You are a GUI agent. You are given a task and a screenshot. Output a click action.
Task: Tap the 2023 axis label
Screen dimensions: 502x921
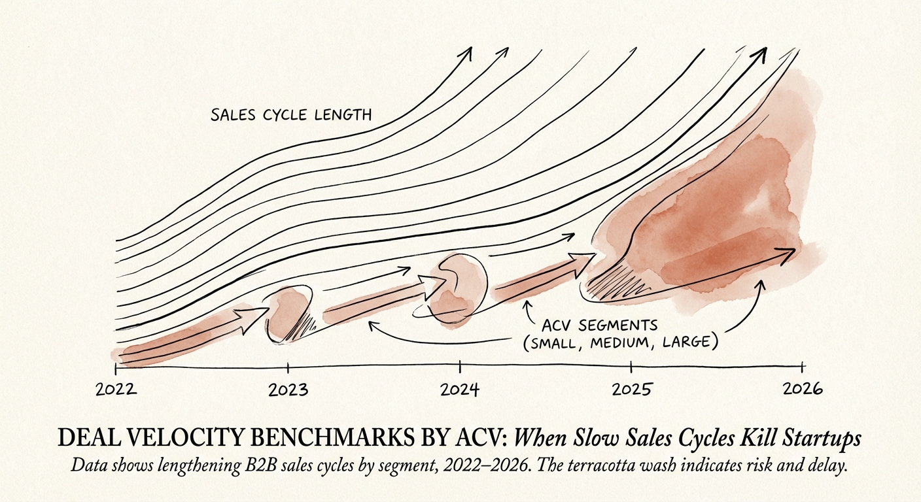click(x=288, y=390)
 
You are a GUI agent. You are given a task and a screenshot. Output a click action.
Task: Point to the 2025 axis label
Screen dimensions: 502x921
click(x=631, y=390)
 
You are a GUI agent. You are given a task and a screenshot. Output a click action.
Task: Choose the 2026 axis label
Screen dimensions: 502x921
click(x=803, y=389)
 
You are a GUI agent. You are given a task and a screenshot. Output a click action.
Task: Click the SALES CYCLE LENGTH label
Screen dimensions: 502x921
click(x=291, y=116)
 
